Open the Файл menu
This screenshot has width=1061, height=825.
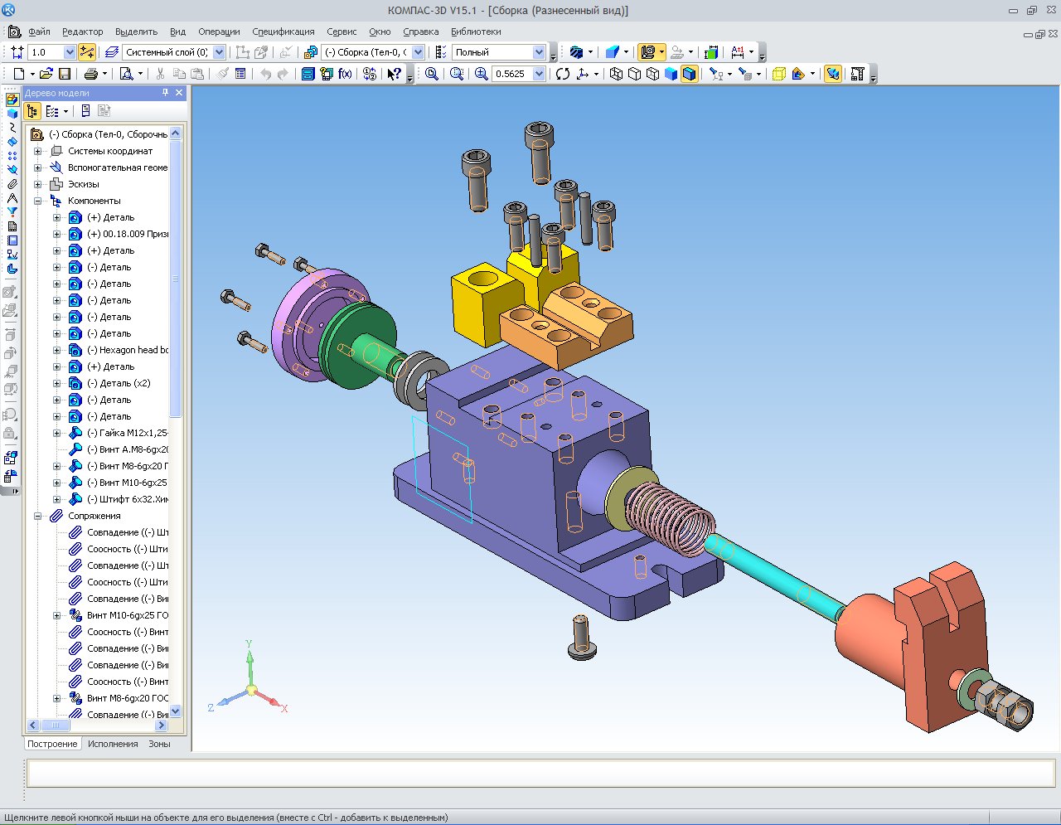coord(39,32)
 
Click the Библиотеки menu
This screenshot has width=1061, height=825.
coord(476,32)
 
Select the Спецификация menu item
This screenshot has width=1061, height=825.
coord(283,32)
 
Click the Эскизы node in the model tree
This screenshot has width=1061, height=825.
coord(84,184)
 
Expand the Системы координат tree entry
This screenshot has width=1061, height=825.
coord(37,152)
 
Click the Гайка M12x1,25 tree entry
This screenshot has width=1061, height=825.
coord(128,433)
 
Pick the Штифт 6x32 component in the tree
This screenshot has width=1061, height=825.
coord(128,499)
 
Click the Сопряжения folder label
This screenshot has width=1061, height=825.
coord(94,516)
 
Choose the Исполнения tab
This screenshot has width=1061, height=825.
coord(113,744)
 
